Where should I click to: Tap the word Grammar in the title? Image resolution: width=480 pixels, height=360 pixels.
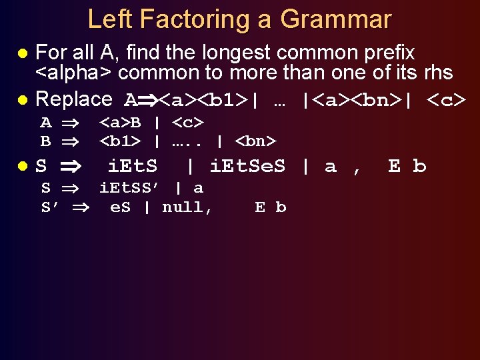point(335,19)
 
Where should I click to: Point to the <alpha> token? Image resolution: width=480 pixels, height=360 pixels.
point(73,72)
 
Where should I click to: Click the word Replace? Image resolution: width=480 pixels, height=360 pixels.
point(73,99)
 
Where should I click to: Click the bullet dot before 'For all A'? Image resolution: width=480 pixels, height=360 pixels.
point(22,53)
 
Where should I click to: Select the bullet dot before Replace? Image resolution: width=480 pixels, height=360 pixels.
point(22,100)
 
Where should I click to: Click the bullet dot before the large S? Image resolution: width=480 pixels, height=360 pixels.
point(22,166)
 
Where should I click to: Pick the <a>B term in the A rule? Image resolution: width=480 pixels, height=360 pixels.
point(120,123)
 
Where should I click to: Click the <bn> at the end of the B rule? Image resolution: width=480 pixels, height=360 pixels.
point(257,141)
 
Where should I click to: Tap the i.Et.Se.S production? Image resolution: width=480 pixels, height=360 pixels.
point(247,166)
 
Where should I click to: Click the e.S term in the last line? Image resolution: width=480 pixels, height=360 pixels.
point(120,207)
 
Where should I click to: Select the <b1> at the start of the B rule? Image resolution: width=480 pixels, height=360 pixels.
point(120,141)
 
